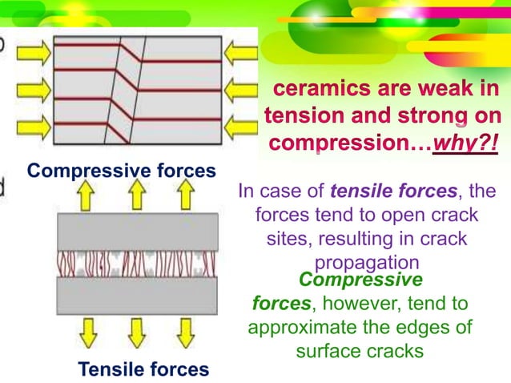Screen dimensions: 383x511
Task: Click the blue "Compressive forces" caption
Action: [x=121, y=171]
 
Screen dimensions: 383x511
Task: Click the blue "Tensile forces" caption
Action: [x=143, y=369]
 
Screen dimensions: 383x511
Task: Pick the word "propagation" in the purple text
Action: [x=367, y=263]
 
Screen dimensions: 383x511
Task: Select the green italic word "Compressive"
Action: [x=360, y=280]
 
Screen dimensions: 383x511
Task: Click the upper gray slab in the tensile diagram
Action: [x=137, y=232]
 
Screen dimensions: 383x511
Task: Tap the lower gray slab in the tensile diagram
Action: [x=137, y=296]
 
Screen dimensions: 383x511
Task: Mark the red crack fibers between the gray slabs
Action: [x=137, y=264]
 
